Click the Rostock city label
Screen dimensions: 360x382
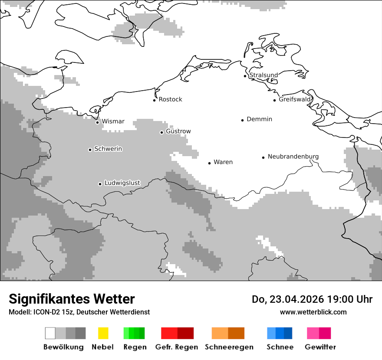[170, 99]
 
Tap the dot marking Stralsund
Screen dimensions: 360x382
[245, 76]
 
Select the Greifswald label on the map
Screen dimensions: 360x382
[295, 99]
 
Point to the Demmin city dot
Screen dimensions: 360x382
[243, 120]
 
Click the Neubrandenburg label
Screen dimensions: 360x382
[293, 157]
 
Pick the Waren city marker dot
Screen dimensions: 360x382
[209, 163]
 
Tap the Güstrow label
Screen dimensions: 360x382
[178, 131]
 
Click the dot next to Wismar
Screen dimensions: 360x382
[97, 122]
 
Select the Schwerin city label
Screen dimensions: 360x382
[108, 149]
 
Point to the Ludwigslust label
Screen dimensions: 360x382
[122, 183]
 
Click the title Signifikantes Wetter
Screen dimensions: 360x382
[72, 299]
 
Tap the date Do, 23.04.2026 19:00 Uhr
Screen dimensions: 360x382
[312, 299]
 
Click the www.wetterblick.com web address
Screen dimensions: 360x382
[313, 312]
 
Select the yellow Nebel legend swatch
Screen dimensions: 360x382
[103, 333]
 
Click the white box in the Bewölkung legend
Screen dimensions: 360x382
[50, 333]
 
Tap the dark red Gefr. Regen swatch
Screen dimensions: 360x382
[185, 333]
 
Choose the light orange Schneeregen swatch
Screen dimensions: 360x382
[220, 333]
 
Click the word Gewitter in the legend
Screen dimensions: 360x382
[320, 347]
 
